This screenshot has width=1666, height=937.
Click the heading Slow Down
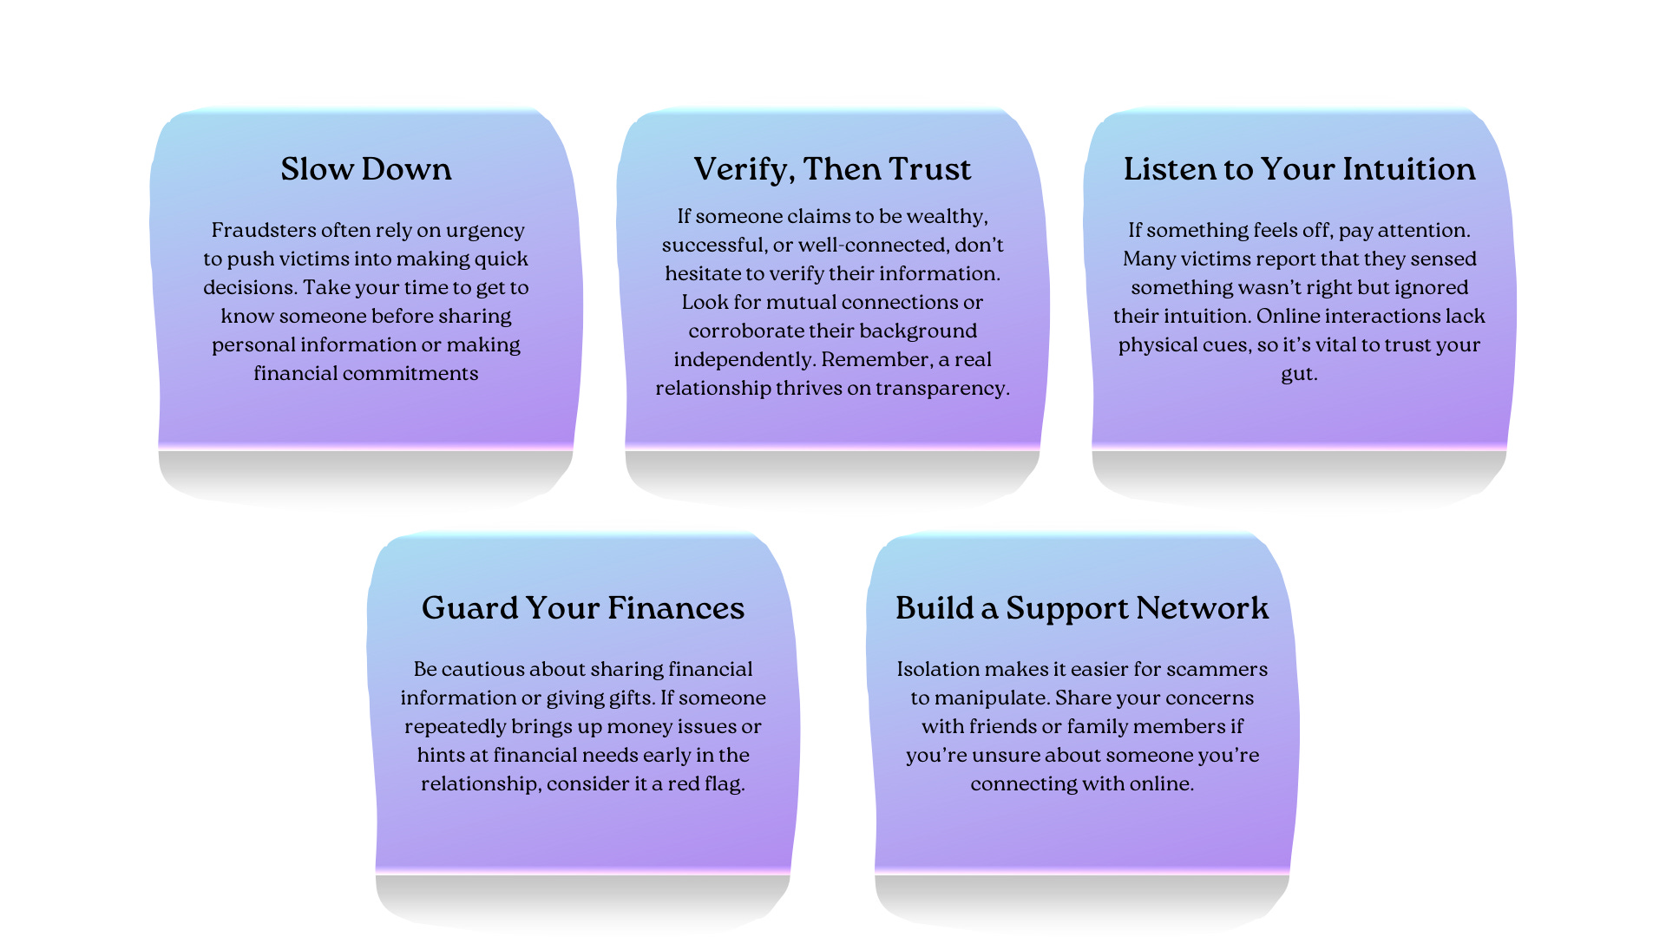(365, 169)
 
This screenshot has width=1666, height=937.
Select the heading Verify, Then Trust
(832, 169)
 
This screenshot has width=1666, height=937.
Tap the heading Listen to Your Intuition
(1299, 169)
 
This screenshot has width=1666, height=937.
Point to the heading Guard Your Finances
(582, 608)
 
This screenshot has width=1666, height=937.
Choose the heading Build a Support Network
(1082, 608)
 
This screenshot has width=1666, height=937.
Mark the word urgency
(485, 231)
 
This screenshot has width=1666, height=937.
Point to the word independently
(744, 360)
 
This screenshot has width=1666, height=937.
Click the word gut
(1297, 375)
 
